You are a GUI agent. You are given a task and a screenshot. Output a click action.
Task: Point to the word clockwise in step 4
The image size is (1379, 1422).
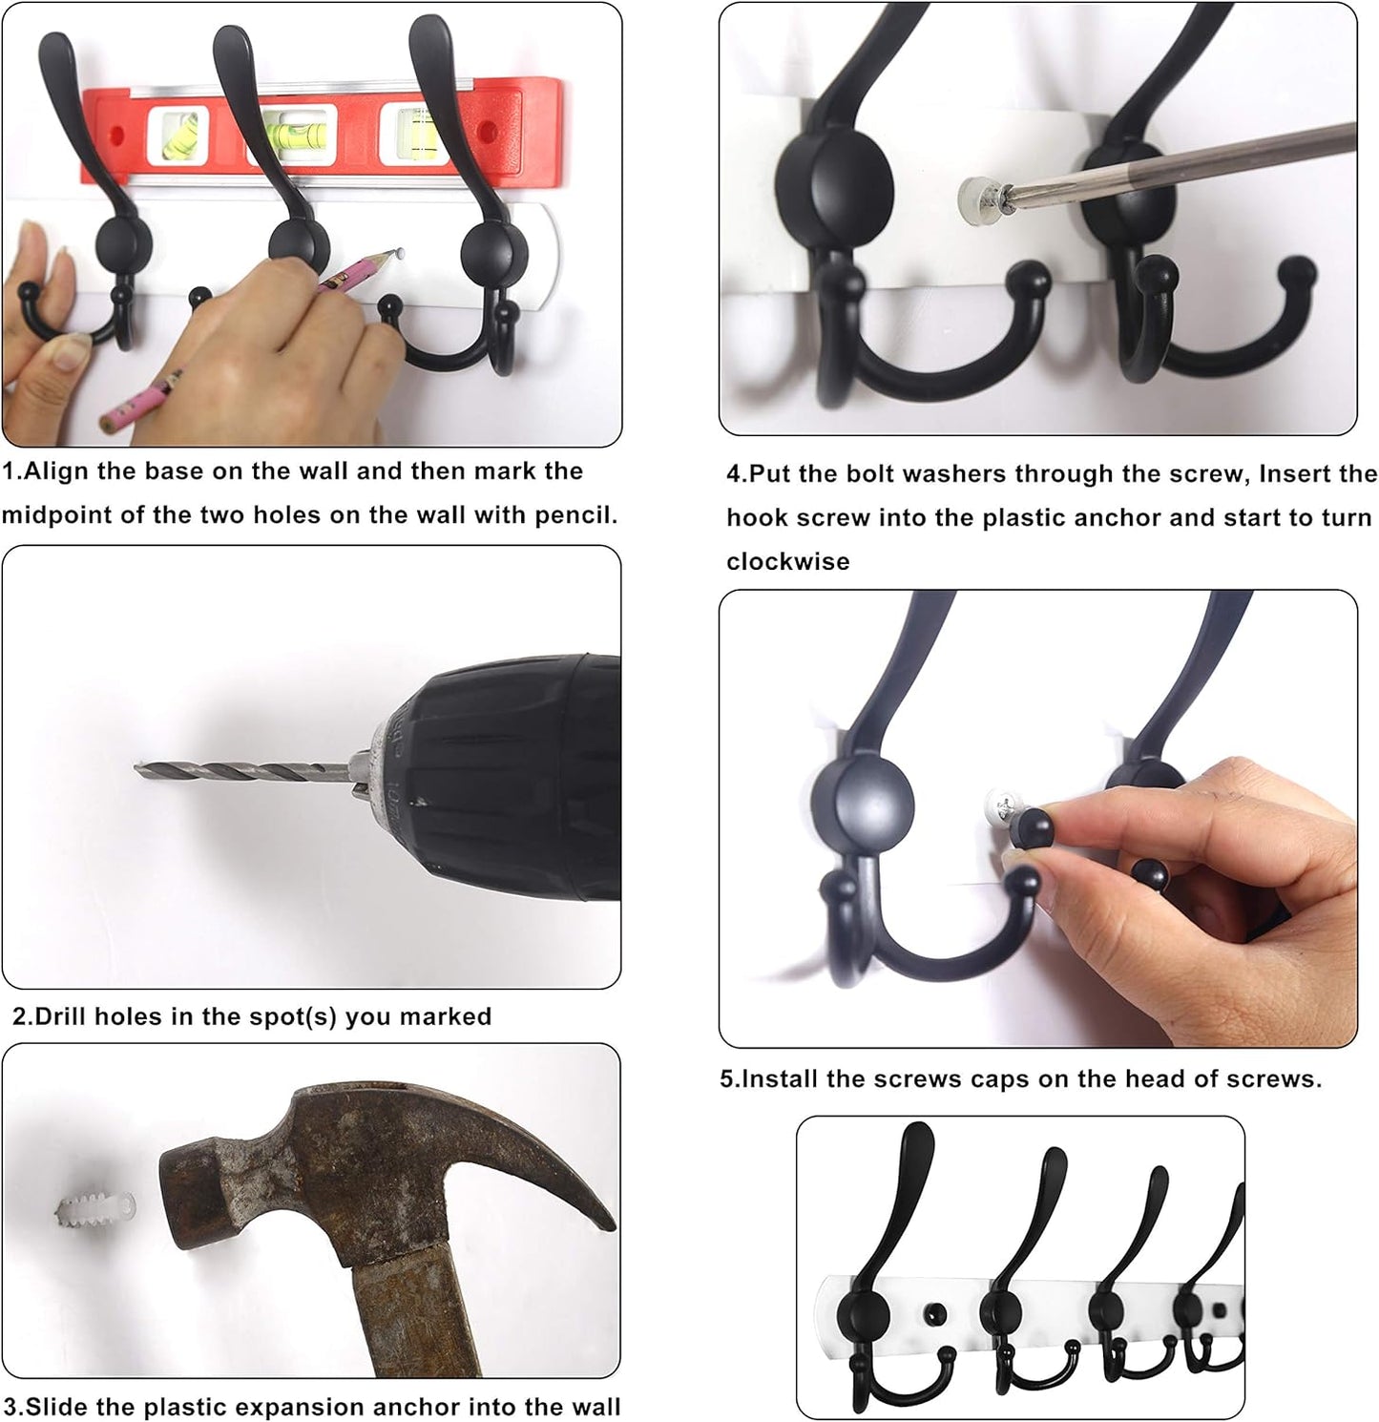pyautogui.click(x=787, y=561)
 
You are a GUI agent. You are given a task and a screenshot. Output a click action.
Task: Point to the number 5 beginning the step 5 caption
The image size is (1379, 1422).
pyautogui.click(x=727, y=1079)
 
